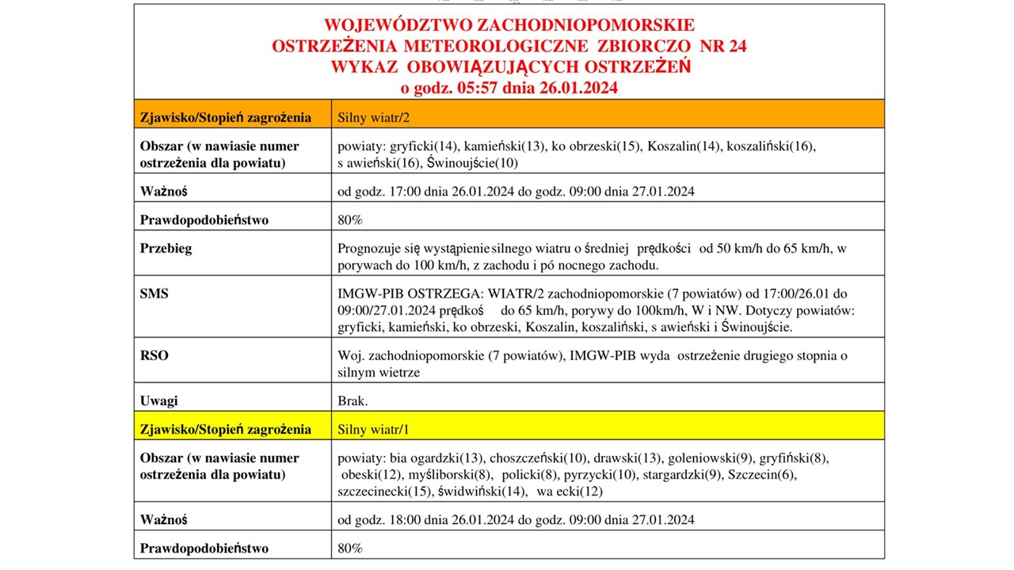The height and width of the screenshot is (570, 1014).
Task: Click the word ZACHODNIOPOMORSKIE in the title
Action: (x=580, y=25)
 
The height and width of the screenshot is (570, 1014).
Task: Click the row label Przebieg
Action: (x=166, y=248)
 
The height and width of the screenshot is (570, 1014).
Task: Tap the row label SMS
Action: (x=154, y=294)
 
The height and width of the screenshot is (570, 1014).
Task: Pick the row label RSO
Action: (x=154, y=355)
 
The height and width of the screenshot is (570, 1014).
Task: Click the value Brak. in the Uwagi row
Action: (x=353, y=401)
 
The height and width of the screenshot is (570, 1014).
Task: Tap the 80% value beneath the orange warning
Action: (x=350, y=220)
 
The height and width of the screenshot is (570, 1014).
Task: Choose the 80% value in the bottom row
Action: (x=350, y=548)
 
